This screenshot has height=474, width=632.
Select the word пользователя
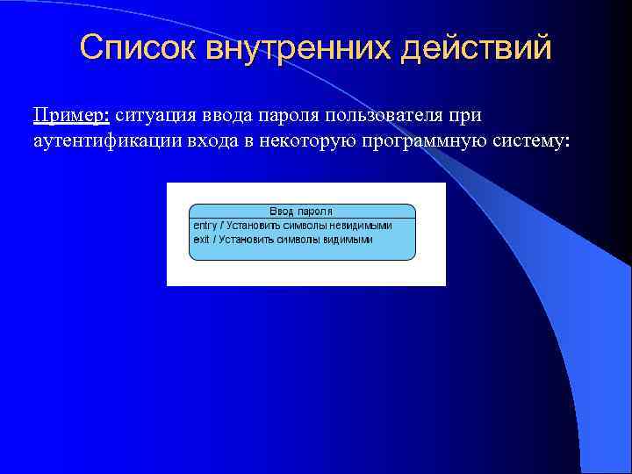click(x=385, y=116)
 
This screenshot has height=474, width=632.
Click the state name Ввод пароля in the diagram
click(x=301, y=211)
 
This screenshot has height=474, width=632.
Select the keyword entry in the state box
click(x=204, y=225)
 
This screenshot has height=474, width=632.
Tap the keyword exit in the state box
click(x=201, y=239)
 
